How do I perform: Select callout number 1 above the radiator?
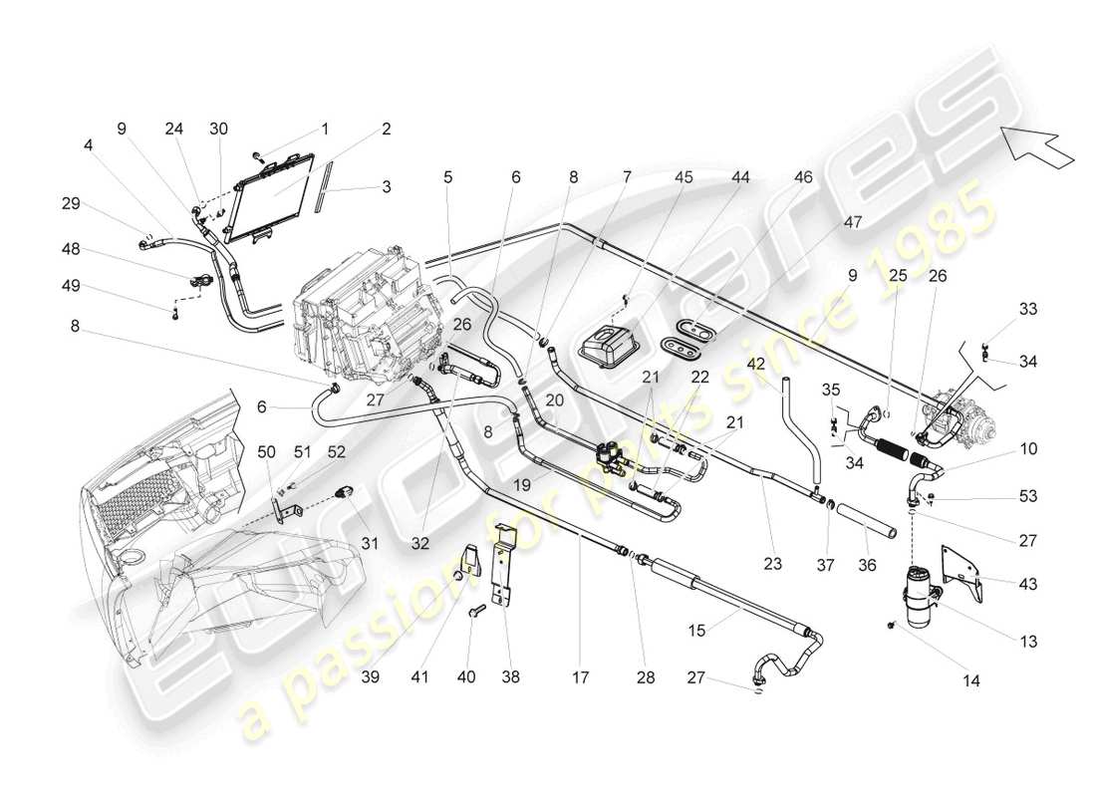(x=324, y=129)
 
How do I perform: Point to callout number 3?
(x=385, y=185)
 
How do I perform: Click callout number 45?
(x=683, y=177)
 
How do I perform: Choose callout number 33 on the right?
(x=1027, y=310)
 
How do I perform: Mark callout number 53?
(x=1027, y=496)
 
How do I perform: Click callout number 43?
(x=1027, y=584)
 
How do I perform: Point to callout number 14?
(x=970, y=681)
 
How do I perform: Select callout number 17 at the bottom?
(x=581, y=678)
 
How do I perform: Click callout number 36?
(x=866, y=563)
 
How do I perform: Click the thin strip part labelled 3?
(x=320, y=196)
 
